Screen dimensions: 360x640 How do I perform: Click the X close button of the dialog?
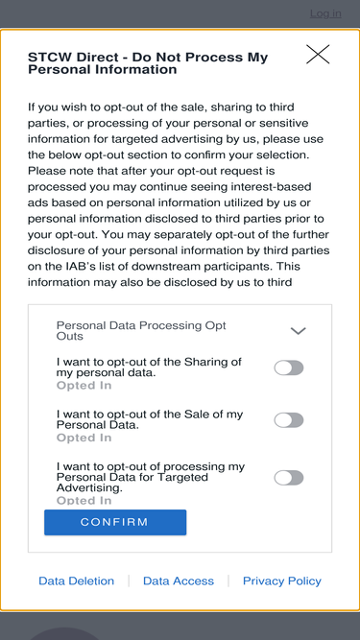318,55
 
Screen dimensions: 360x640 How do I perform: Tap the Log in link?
325,13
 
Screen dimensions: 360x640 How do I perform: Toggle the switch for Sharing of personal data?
289,367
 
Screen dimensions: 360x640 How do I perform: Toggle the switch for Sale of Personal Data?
289,420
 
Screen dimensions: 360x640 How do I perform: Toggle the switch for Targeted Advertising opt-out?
289,478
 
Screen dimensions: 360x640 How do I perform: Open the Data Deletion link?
77,581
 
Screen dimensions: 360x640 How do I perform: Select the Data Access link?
179,581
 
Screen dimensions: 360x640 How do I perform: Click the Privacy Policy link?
282,581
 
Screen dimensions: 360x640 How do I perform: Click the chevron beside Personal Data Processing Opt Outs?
298,331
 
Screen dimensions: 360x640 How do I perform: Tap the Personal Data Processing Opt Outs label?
141,331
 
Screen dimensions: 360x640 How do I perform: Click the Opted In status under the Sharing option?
84,386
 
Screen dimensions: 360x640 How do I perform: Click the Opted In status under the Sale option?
84,438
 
